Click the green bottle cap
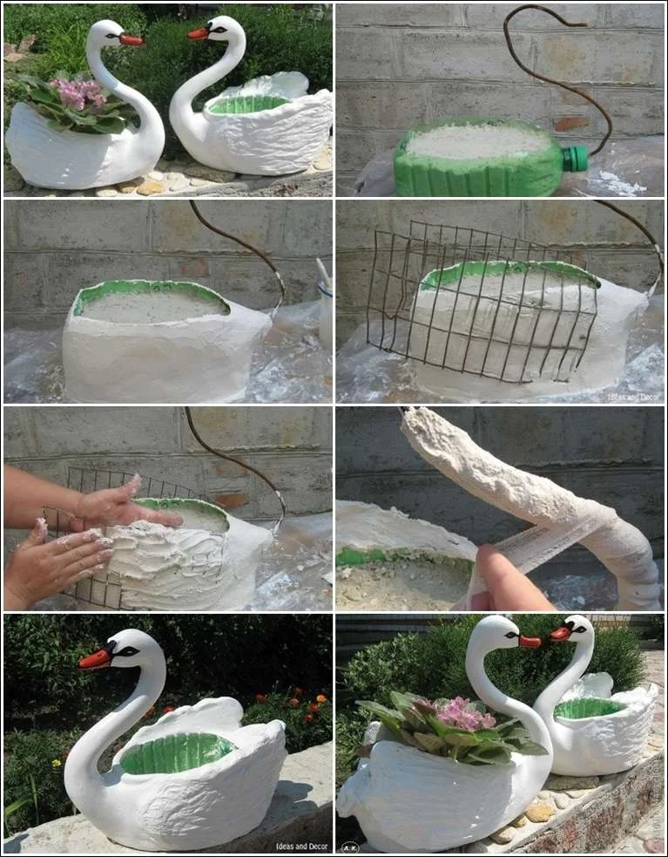pyautogui.click(x=575, y=159)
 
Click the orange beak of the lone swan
pyautogui.click(x=94, y=658)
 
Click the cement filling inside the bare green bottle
pyautogui.click(x=479, y=141)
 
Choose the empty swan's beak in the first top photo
pyautogui.click(x=199, y=33)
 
